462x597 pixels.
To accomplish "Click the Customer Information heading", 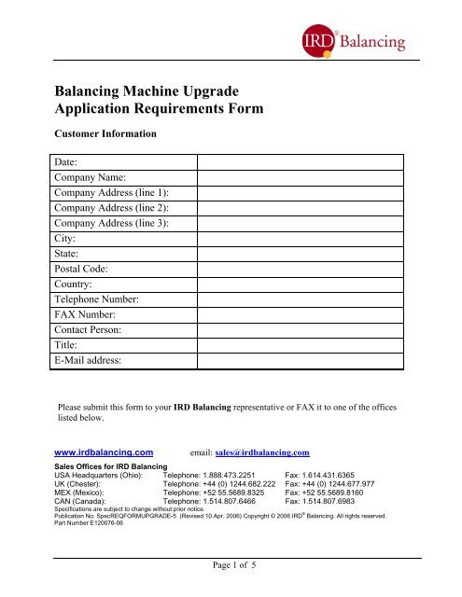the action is (102, 134).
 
